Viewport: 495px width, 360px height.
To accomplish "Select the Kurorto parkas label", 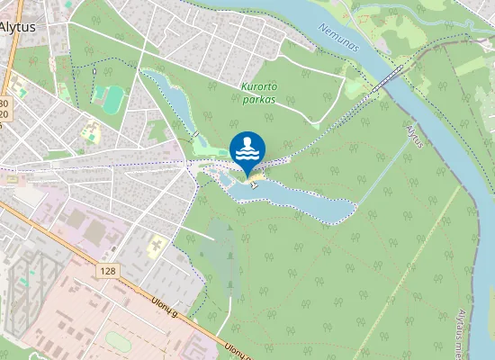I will [258, 93].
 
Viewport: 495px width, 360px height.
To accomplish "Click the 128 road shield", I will [109, 270].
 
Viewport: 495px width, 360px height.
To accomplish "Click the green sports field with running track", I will [112, 99].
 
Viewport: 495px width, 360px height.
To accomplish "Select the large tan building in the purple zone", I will [94, 232].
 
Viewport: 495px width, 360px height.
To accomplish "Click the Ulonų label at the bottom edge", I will [238, 353].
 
